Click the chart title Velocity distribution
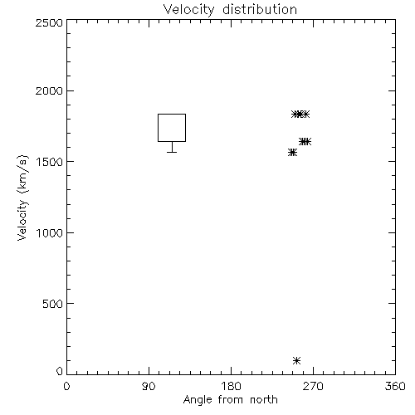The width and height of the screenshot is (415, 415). pyautogui.click(x=230, y=9)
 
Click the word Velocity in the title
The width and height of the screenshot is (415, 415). pyautogui.click(x=188, y=10)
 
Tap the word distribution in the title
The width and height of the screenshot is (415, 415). pyautogui.click(x=260, y=9)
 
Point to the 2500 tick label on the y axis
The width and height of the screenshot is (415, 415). pyautogui.click(x=49, y=22)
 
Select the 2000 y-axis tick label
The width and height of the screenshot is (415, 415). pyautogui.click(x=49, y=90)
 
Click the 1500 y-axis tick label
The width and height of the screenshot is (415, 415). pyautogui.click(x=50, y=162)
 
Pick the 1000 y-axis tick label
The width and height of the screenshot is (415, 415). pyautogui.click(x=50, y=232)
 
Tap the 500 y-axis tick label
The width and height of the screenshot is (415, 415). pyautogui.click(x=53, y=304)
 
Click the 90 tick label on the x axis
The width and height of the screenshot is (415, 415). pyautogui.click(x=149, y=386)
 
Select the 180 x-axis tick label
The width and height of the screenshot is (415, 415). pyautogui.click(x=231, y=386)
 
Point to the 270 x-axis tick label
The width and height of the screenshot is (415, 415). pyautogui.click(x=313, y=386)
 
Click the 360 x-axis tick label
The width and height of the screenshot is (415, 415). pyautogui.click(x=395, y=386)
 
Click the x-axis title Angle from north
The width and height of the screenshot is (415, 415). pyautogui.click(x=231, y=400)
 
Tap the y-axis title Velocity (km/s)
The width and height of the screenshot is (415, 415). pyautogui.click(x=22, y=198)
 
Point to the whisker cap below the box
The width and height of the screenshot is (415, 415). pyautogui.click(x=172, y=152)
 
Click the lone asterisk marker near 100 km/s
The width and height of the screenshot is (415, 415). pyautogui.click(x=296, y=360)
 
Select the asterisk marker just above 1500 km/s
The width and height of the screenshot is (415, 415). pyautogui.click(x=292, y=152)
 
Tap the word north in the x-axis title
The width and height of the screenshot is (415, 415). pyautogui.click(x=264, y=399)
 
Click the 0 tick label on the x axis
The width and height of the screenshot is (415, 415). pyautogui.click(x=66, y=386)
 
